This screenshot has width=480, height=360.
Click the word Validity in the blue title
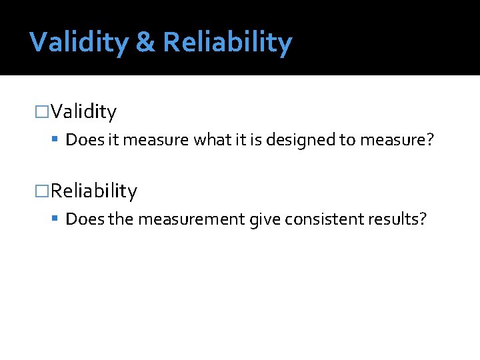tap(79, 42)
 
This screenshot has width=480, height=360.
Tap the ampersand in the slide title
tap(145, 42)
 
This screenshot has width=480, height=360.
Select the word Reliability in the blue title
tap(227, 42)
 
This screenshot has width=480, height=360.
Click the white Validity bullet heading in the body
tap(83, 111)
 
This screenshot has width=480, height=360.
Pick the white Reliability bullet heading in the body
tap(94, 191)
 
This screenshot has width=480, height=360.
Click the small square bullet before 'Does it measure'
tap(56, 140)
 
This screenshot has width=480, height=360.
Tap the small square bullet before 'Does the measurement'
tap(56, 219)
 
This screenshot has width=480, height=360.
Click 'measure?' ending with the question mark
tap(397, 140)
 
